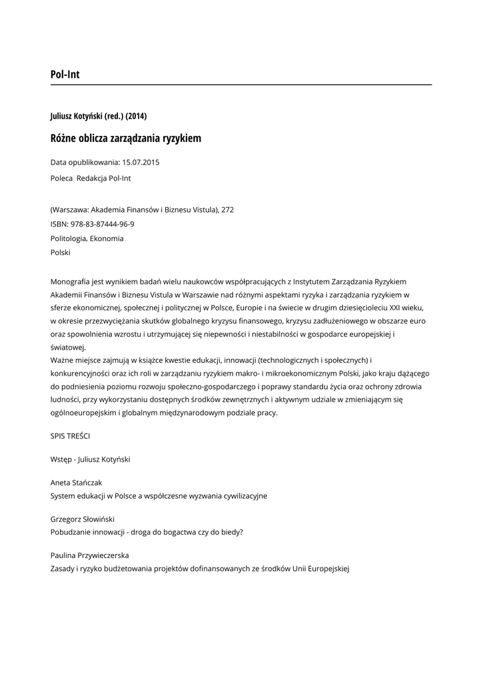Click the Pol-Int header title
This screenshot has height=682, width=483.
click(x=65, y=74)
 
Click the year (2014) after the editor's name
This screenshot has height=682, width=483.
click(x=136, y=116)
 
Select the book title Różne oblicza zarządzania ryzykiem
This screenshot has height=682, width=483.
click(x=125, y=139)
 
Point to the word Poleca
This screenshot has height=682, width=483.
click(x=61, y=178)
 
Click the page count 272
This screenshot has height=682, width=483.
click(x=228, y=209)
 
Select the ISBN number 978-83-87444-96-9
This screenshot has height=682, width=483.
click(x=102, y=224)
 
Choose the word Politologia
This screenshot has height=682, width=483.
click(x=68, y=238)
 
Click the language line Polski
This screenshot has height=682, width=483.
click(x=60, y=252)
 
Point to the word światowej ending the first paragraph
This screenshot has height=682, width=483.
click(x=68, y=347)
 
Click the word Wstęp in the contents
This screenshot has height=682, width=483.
click(x=61, y=459)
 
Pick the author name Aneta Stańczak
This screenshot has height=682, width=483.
click(x=76, y=482)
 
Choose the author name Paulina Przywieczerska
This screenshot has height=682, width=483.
click(x=89, y=555)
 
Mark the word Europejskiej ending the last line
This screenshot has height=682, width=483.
click(x=326, y=568)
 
